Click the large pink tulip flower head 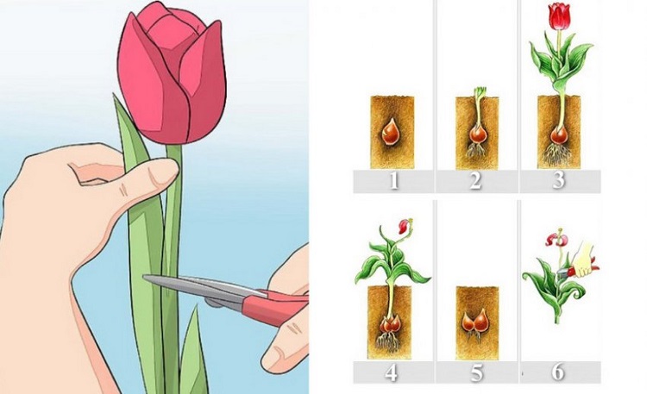[172, 73]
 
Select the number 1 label [393, 181]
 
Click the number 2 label [475, 181]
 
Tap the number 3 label [558, 180]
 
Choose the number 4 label [391, 373]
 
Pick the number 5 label [476, 373]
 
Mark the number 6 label [557, 372]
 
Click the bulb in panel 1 [390, 132]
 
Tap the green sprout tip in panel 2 [480, 91]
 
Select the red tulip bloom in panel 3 [559, 16]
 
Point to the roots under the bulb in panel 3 [556, 154]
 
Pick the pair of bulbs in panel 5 [477, 322]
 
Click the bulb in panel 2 [478, 134]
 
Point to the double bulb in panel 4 [389, 324]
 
